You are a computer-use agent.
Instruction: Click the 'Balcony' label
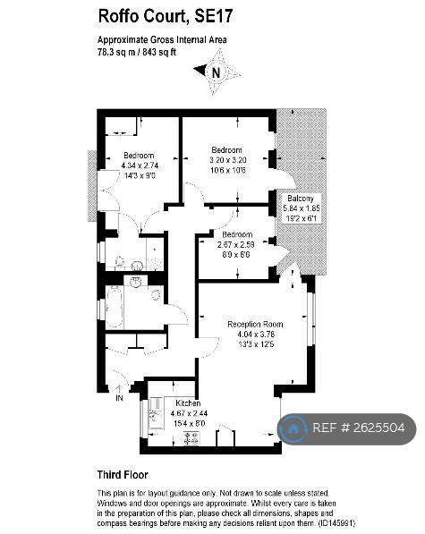(x=300, y=198)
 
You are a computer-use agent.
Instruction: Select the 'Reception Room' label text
(x=255, y=324)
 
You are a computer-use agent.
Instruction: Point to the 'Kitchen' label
(x=187, y=403)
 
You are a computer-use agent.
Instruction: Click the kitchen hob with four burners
(x=191, y=437)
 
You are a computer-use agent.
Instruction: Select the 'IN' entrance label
(x=118, y=399)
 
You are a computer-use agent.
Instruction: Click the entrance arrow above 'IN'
(x=118, y=387)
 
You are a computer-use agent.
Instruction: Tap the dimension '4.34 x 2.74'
(x=139, y=165)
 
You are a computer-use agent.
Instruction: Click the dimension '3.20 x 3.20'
(x=226, y=159)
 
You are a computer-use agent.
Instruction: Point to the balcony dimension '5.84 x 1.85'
(x=301, y=208)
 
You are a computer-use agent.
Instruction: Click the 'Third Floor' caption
(x=123, y=475)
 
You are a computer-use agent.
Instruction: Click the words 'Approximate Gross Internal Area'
(x=162, y=40)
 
